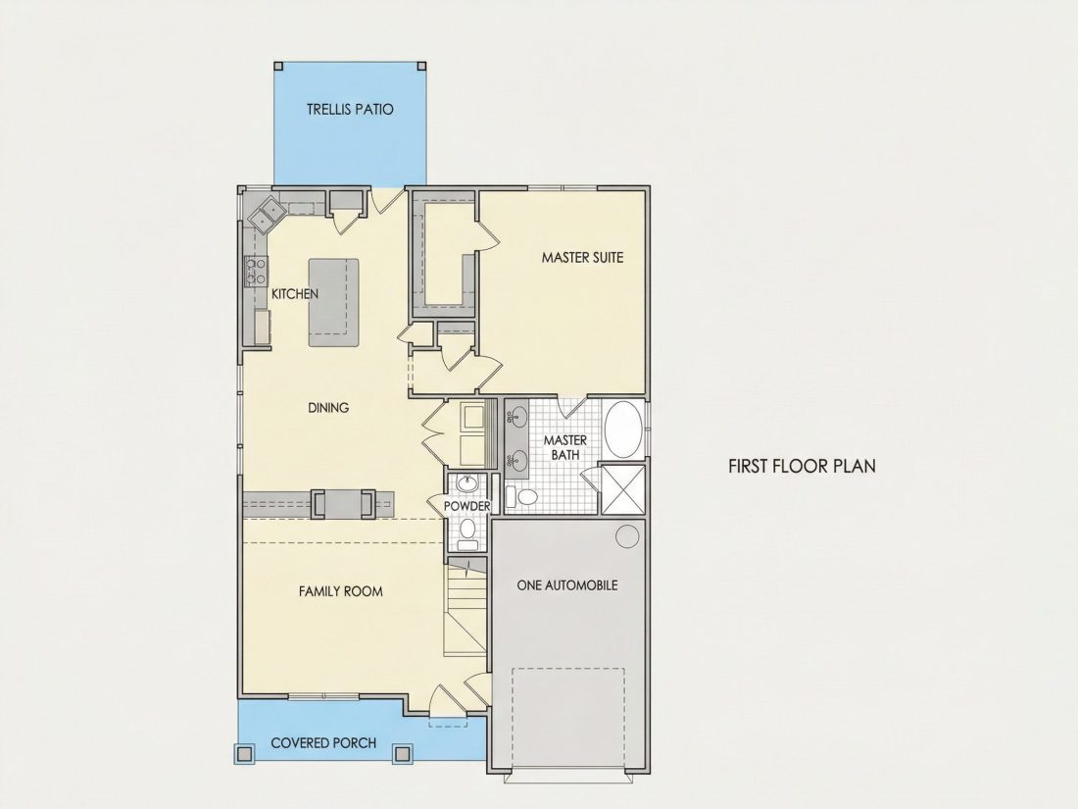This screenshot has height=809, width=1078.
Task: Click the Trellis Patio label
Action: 350,109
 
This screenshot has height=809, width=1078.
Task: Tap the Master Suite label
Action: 582,257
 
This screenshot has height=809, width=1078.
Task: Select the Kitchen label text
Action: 295,294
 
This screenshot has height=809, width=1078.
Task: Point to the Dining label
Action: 328,407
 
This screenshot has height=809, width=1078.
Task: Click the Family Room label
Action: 340,591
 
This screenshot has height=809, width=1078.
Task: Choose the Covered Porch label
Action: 323,743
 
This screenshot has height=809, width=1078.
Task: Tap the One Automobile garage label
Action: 567,584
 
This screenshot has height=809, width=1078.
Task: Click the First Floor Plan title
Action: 802,466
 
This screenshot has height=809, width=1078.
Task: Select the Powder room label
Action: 466,506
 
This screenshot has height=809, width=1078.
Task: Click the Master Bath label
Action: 565,447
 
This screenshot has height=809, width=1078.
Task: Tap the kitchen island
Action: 333,303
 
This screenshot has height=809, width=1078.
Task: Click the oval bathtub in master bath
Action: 623,430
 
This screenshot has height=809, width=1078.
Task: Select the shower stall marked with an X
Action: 623,489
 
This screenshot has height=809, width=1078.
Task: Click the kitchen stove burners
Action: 256,271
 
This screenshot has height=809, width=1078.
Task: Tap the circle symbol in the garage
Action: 627,536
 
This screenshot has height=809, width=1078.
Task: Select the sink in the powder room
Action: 467,482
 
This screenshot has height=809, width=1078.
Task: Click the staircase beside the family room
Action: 465,608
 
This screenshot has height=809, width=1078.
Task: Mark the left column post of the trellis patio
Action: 278,66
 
